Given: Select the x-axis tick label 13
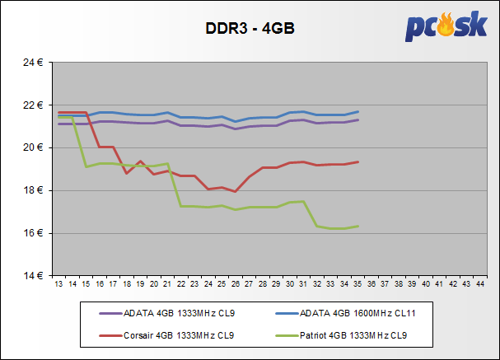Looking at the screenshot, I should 58,284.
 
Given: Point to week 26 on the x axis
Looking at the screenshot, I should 236,284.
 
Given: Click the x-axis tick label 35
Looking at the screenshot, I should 358,284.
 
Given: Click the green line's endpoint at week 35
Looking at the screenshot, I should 358,226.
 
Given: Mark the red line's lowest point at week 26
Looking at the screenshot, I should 236,192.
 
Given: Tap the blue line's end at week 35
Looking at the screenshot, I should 358,111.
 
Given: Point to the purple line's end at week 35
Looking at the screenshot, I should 358,119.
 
